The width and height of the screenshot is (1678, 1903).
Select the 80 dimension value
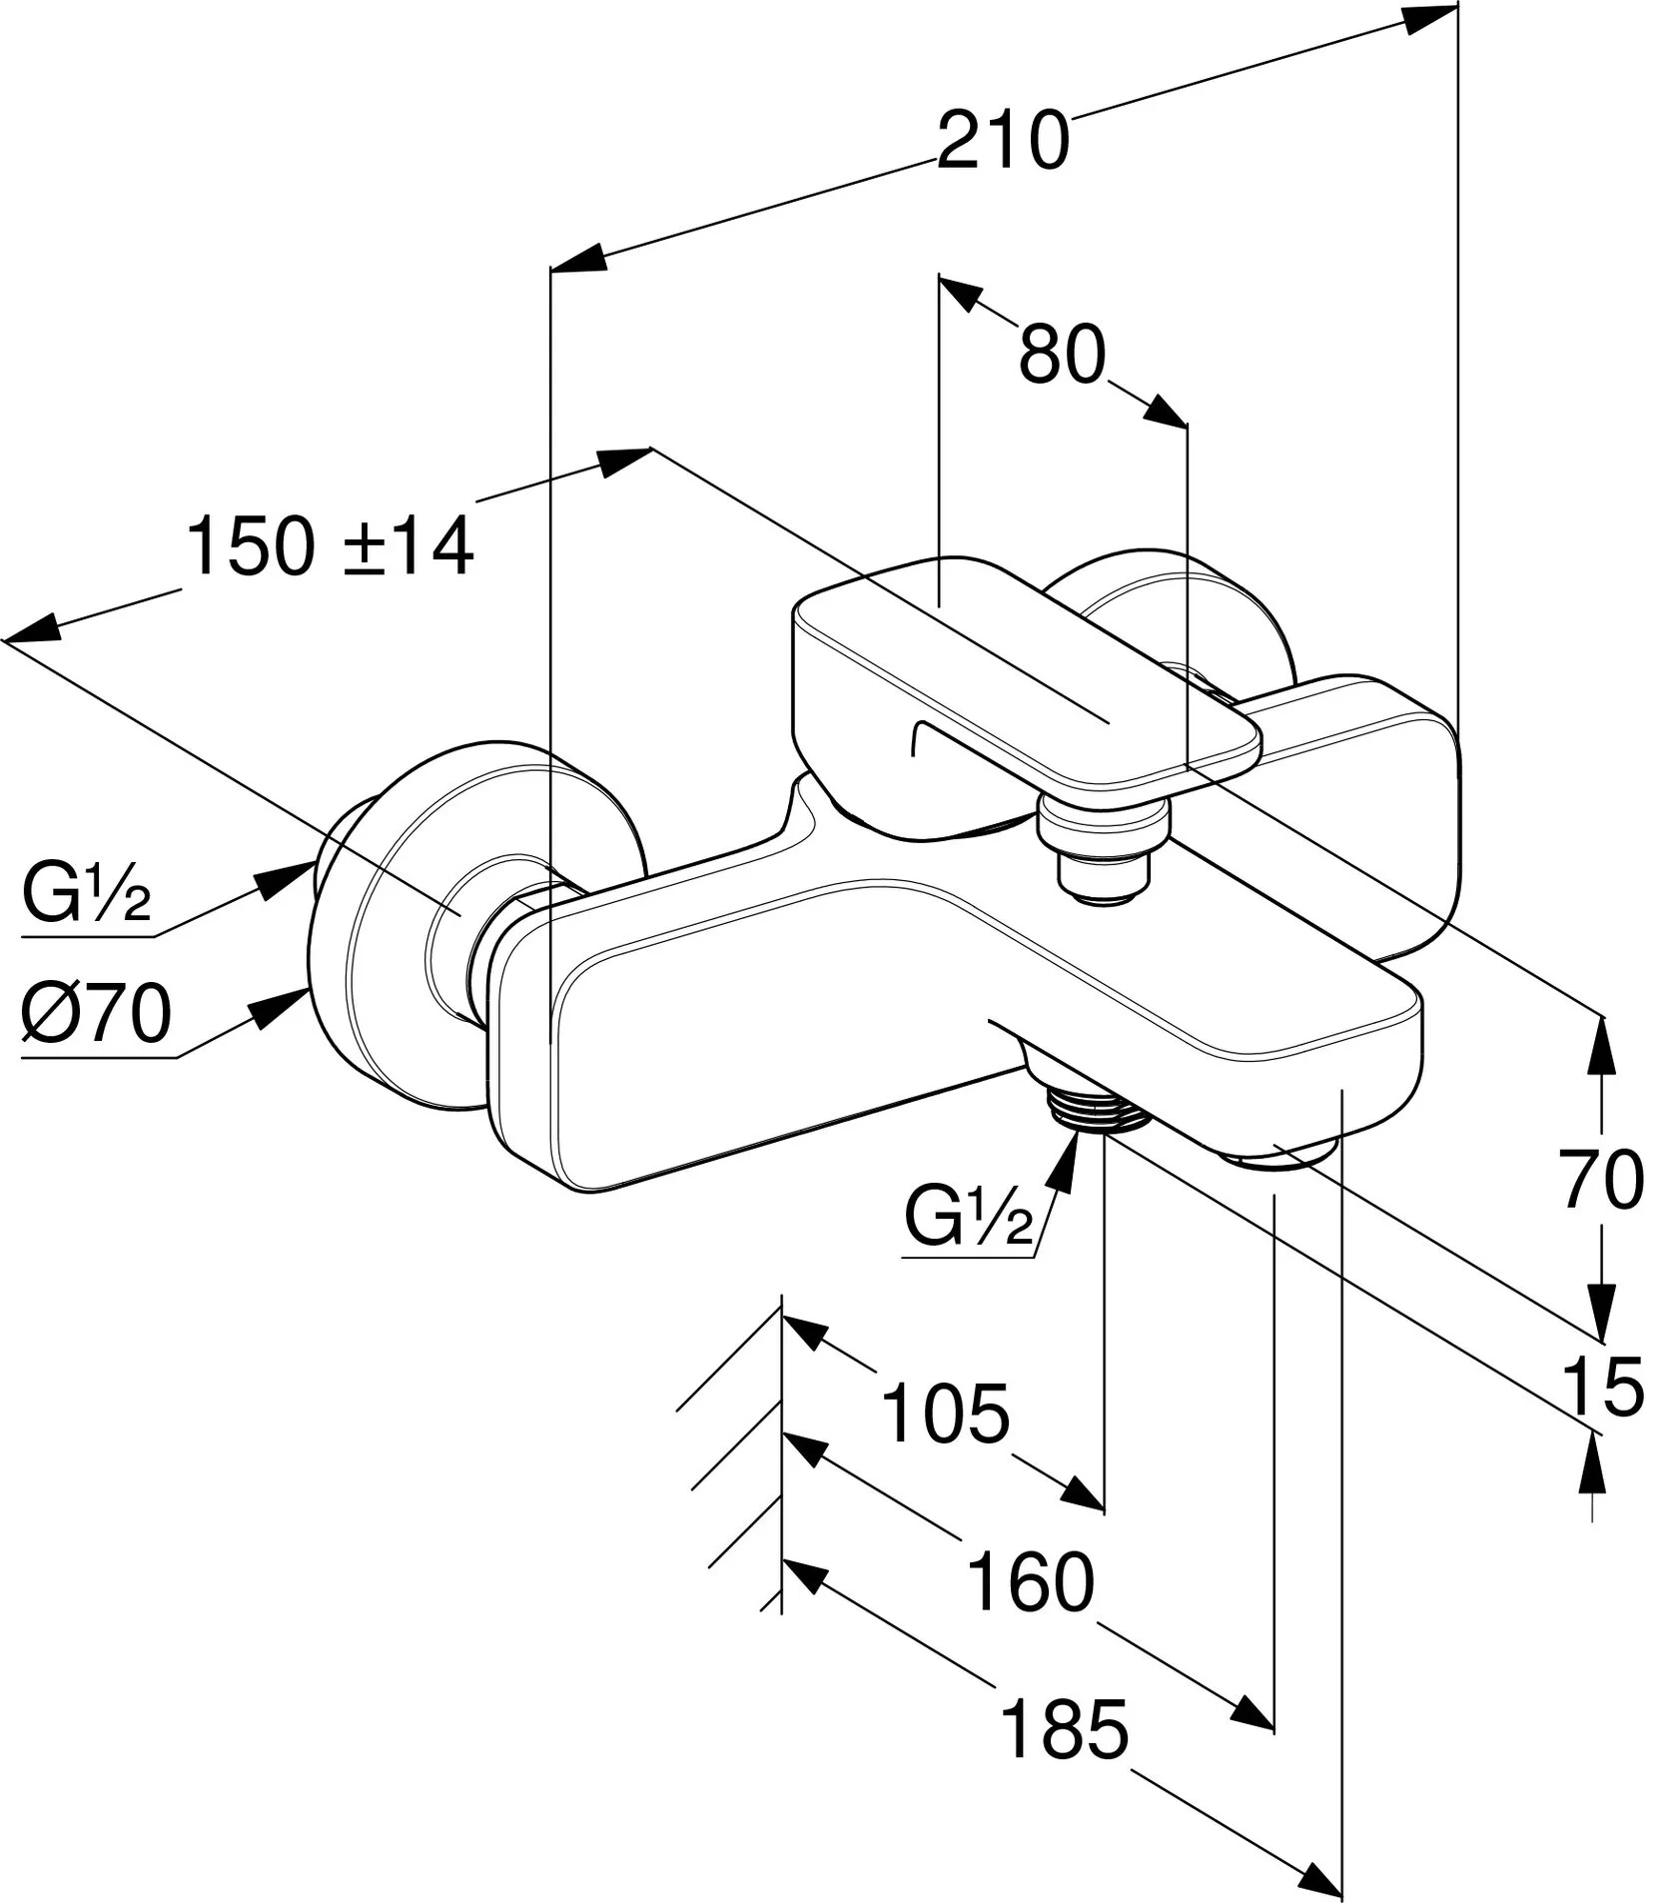pos(1063,354)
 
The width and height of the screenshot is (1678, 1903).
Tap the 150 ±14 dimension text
pos(330,546)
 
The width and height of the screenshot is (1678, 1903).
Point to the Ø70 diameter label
pos(97,1014)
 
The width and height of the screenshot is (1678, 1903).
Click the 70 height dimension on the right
pos(1602,1180)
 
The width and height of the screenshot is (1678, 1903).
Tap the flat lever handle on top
pos(1019,679)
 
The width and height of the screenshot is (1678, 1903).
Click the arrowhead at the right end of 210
pos(1429,20)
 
